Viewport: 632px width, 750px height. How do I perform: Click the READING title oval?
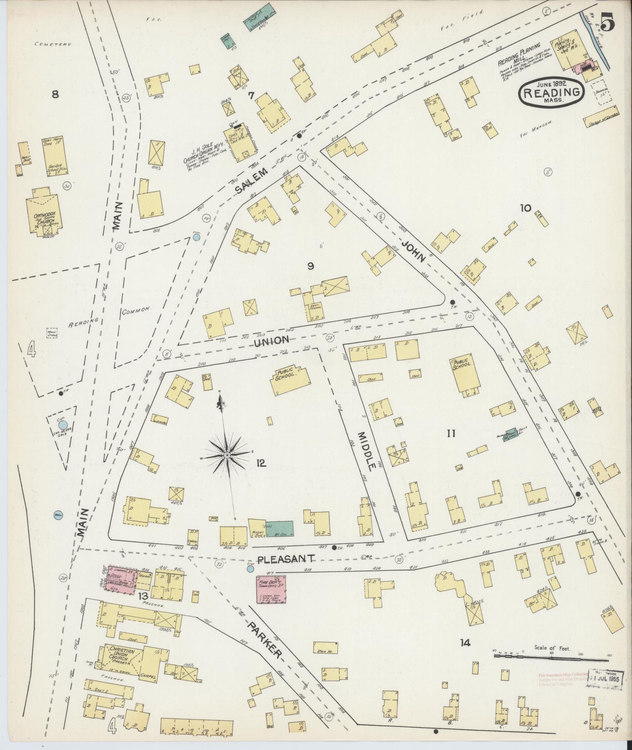[x=551, y=92]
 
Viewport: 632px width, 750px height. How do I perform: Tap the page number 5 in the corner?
[x=606, y=22]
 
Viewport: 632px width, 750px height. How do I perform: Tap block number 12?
[x=261, y=463]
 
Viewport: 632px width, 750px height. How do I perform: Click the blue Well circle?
[x=58, y=515]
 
